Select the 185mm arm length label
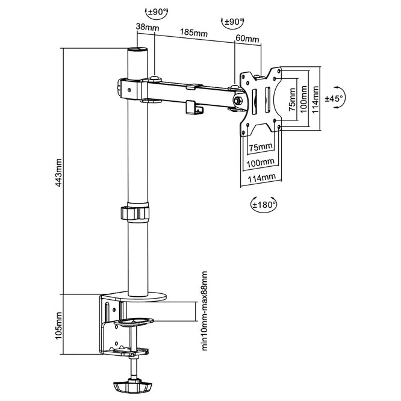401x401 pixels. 191,33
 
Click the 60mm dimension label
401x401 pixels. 248,40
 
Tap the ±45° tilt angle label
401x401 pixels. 333,98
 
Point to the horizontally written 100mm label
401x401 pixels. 260,163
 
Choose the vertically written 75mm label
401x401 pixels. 291,99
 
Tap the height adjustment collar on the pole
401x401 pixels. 137,213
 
